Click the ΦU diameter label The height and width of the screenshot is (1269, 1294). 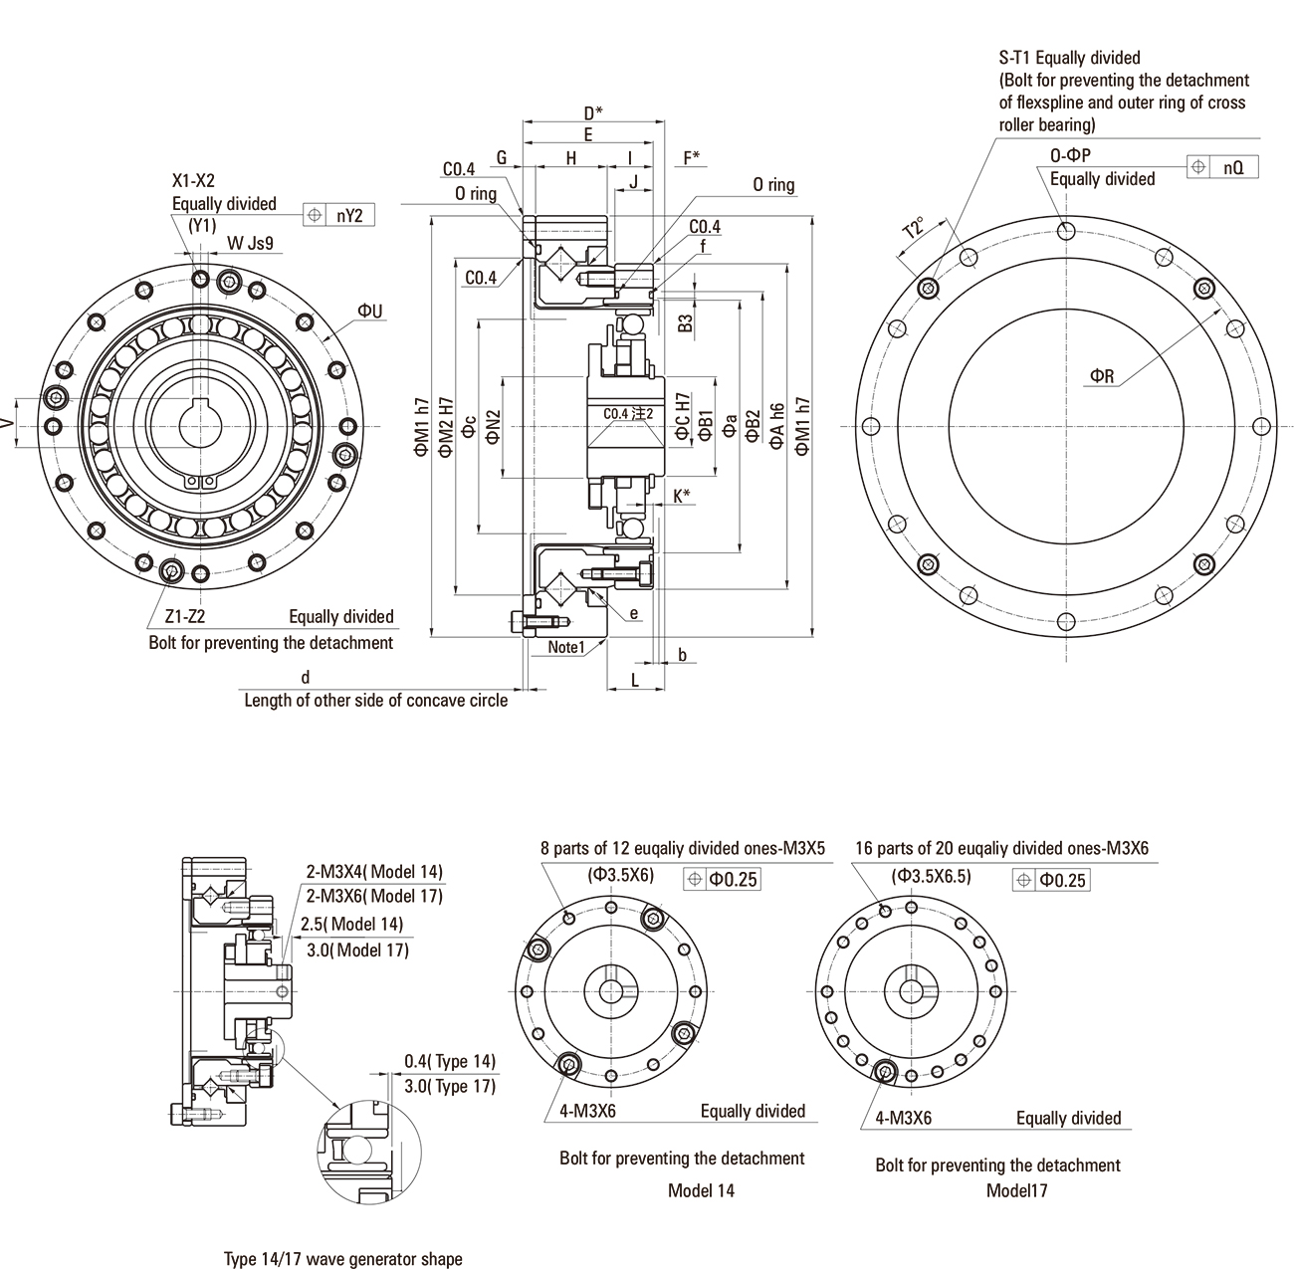click(371, 312)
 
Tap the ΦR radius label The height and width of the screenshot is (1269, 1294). click(1102, 375)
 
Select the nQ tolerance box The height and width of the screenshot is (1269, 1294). click(1233, 167)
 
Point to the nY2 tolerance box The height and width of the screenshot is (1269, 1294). click(348, 214)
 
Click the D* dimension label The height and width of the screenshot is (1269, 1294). click(593, 112)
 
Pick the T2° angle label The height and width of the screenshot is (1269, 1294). click(913, 232)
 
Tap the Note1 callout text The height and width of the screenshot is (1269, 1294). click(565, 647)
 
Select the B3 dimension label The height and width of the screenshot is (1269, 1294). click(685, 322)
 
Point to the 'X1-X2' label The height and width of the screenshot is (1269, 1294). click(193, 181)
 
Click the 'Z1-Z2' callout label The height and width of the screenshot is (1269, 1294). click(184, 616)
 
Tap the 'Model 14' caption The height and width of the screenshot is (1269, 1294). click(701, 1190)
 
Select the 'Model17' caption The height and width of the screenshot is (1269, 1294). click(1017, 1190)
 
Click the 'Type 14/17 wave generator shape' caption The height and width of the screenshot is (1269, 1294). click(343, 1259)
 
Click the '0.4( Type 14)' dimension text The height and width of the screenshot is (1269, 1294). click(450, 1062)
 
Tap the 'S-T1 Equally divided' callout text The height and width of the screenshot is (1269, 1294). click(1070, 58)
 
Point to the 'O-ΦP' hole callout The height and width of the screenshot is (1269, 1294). click(1071, 156)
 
